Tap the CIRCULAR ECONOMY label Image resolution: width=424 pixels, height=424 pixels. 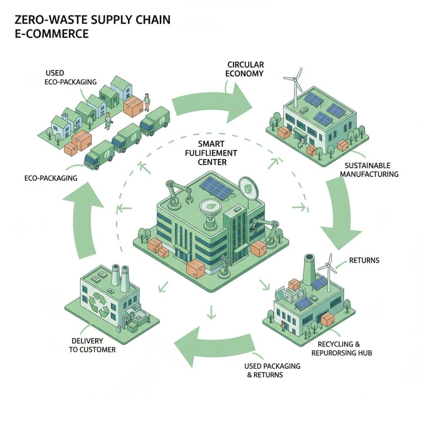click(x=246, y=69)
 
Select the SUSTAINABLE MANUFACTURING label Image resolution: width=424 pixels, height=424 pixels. click(x=369, y=170)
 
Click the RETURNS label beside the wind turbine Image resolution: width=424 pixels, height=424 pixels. click(x=364, y=260)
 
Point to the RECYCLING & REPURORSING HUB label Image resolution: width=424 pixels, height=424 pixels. click(x=344, y=349)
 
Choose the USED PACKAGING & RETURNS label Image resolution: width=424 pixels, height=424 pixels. click(x=272, y=371)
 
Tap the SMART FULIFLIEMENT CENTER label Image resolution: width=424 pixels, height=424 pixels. click(x=212, y=153)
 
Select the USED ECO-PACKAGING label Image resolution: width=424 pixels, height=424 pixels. click(x=70, y=77)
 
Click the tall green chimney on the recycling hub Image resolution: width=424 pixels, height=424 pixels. click(x=309, y=270)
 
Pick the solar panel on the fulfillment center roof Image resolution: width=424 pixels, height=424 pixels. click(x=216, y=187)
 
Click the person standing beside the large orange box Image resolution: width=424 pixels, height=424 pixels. click(x=146, y=102)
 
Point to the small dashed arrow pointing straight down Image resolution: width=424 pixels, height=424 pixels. click(x=212, y=311)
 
